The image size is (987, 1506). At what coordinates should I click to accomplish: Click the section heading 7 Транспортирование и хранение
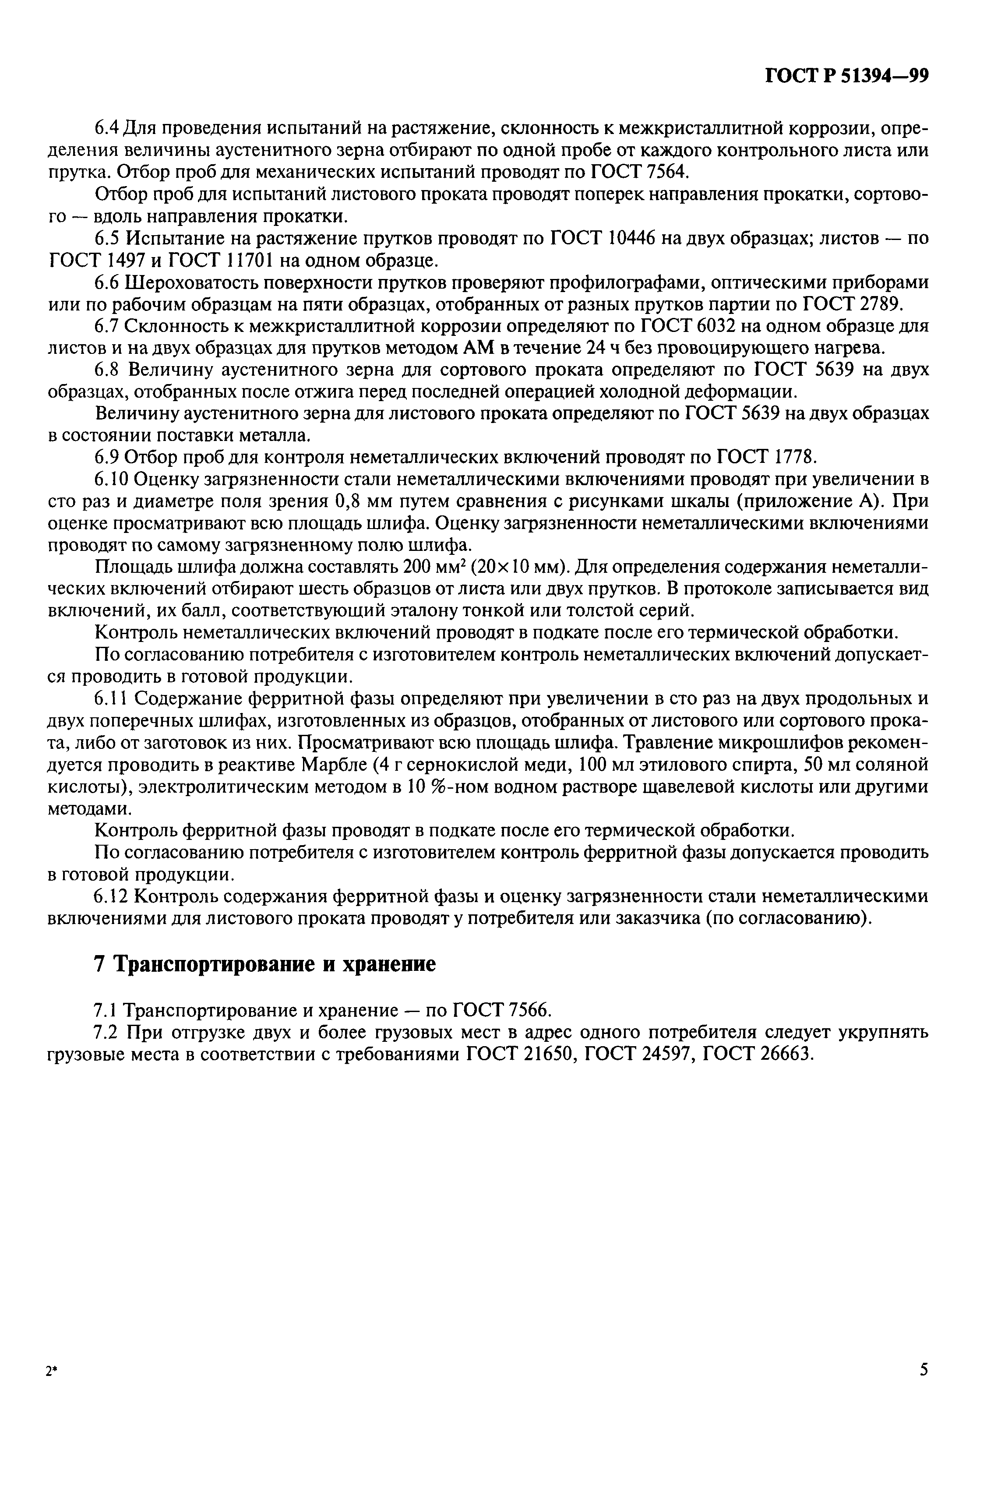[264, 964]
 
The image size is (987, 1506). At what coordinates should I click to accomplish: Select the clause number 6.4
[106, 128]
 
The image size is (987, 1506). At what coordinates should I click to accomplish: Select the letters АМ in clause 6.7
[483, 348]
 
